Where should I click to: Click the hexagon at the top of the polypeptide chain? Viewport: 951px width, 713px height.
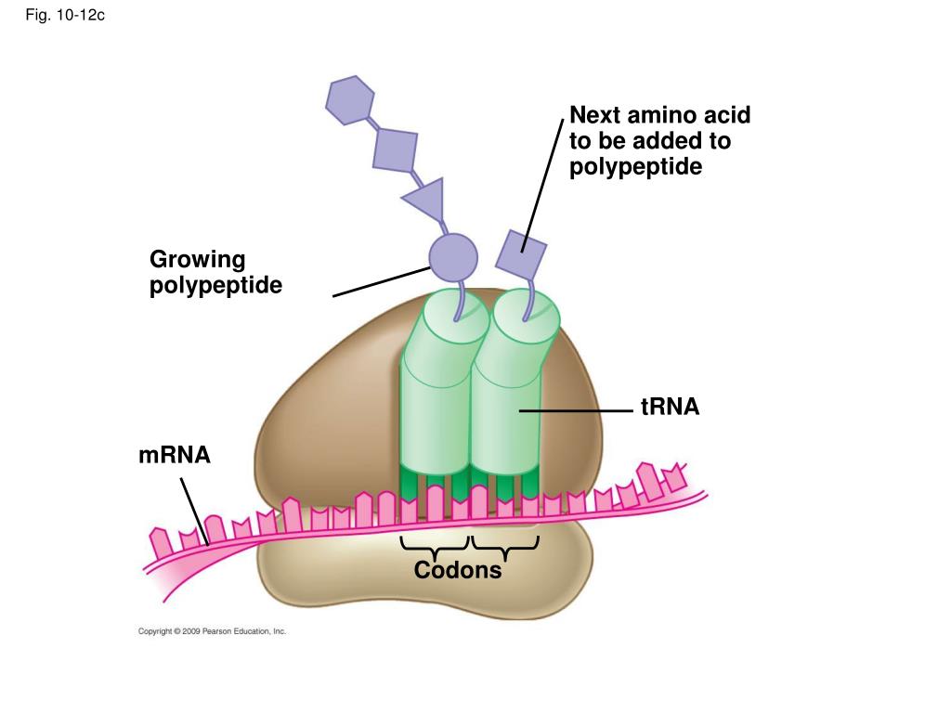click(350, 100)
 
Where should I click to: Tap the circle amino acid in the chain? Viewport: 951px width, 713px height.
click(453, 258)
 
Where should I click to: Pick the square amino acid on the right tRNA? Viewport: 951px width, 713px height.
click(521, 254)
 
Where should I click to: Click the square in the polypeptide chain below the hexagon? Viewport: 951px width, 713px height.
click(395, 149)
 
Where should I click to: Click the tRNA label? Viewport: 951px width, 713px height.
click(671, 407)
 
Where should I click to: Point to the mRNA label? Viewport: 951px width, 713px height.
click(175, 455)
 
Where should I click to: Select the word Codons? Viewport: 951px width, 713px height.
click(458, 570)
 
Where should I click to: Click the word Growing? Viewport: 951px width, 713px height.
click(198, 260)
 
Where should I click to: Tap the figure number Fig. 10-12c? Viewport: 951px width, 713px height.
click(65, 15)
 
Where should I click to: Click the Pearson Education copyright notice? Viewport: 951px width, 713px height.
click(212, 631)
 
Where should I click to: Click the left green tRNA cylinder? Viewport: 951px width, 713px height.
click(436, 388)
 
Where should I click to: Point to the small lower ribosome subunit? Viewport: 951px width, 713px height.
click(424, 570)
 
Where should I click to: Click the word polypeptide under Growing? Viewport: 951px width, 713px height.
click(215, 286)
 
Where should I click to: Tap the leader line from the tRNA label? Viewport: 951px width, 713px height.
click(576, 411)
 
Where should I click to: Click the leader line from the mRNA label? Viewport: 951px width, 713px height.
click(195, 512)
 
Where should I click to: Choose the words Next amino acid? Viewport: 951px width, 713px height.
click(660, 114)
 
